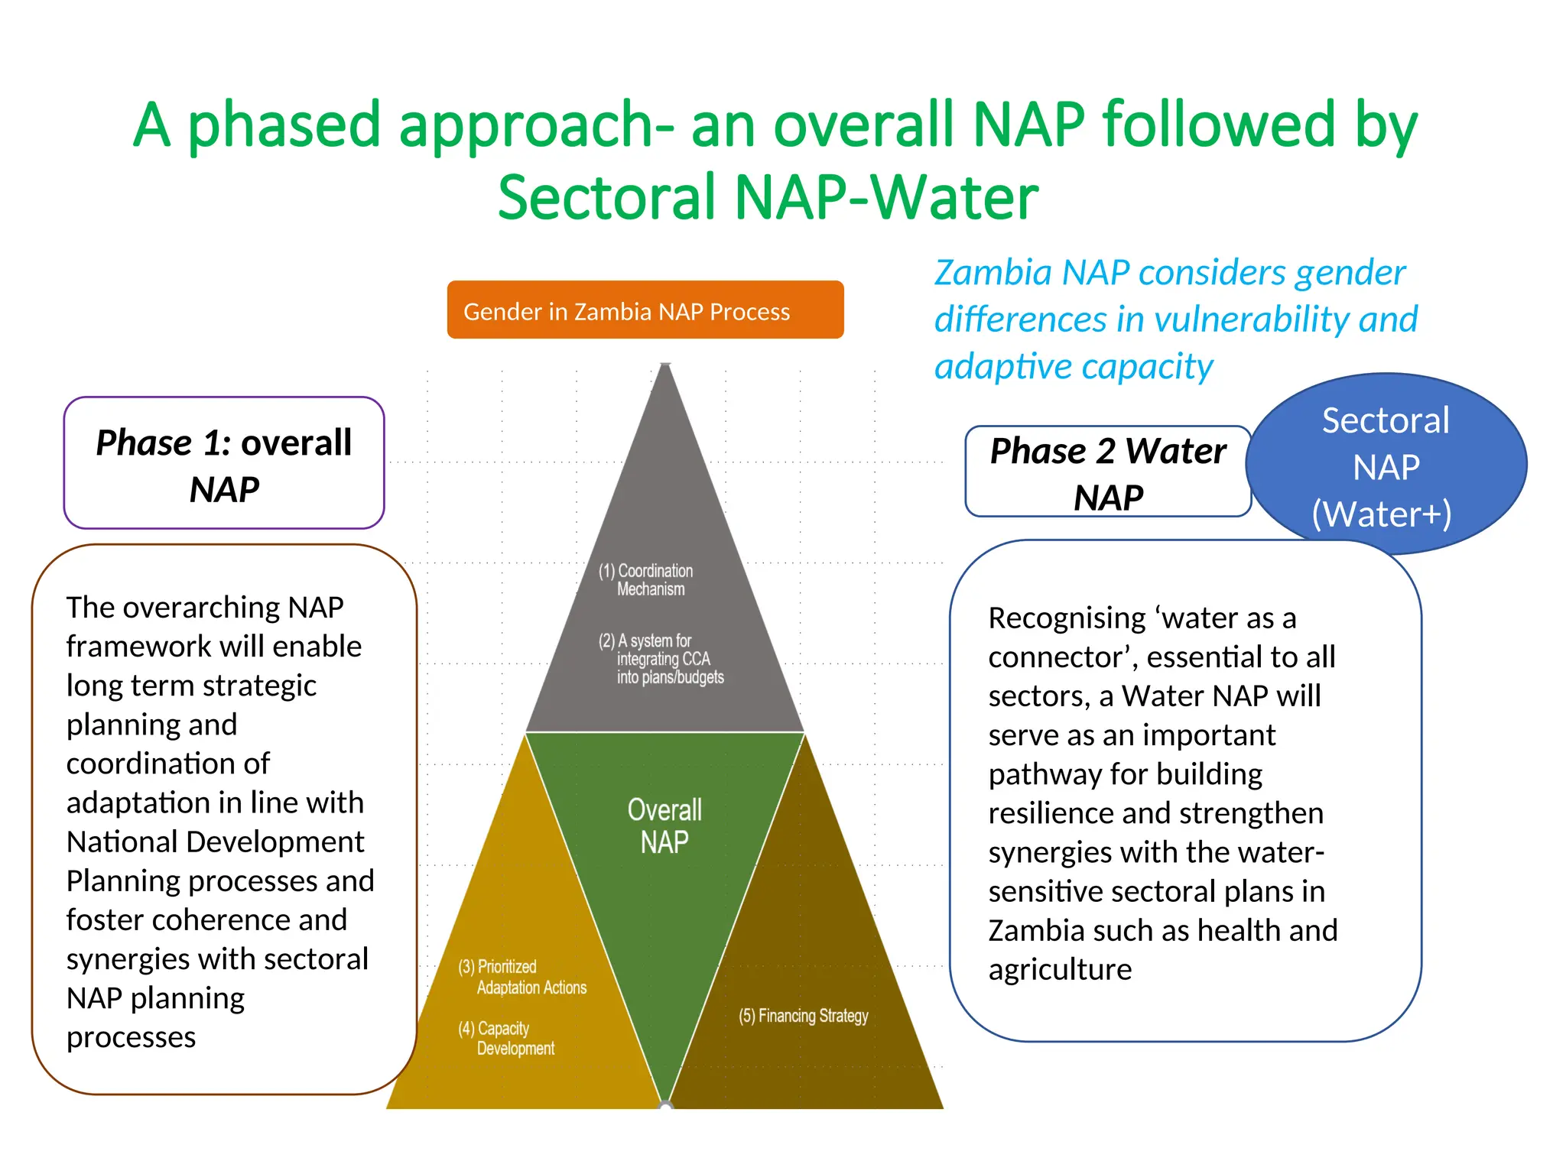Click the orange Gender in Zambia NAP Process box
[645, 310]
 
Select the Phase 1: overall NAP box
[223, 463]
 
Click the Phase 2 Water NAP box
[1107, 472]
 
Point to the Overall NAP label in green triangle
[664, 825]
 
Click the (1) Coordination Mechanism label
[647, 579]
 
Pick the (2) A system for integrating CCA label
[661, 659]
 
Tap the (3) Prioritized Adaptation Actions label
[523, 977]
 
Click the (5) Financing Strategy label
[803, 1016]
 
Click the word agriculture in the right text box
[1060, 970]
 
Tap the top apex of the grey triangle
[665, 366]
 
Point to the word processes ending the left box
[131, 1037]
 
